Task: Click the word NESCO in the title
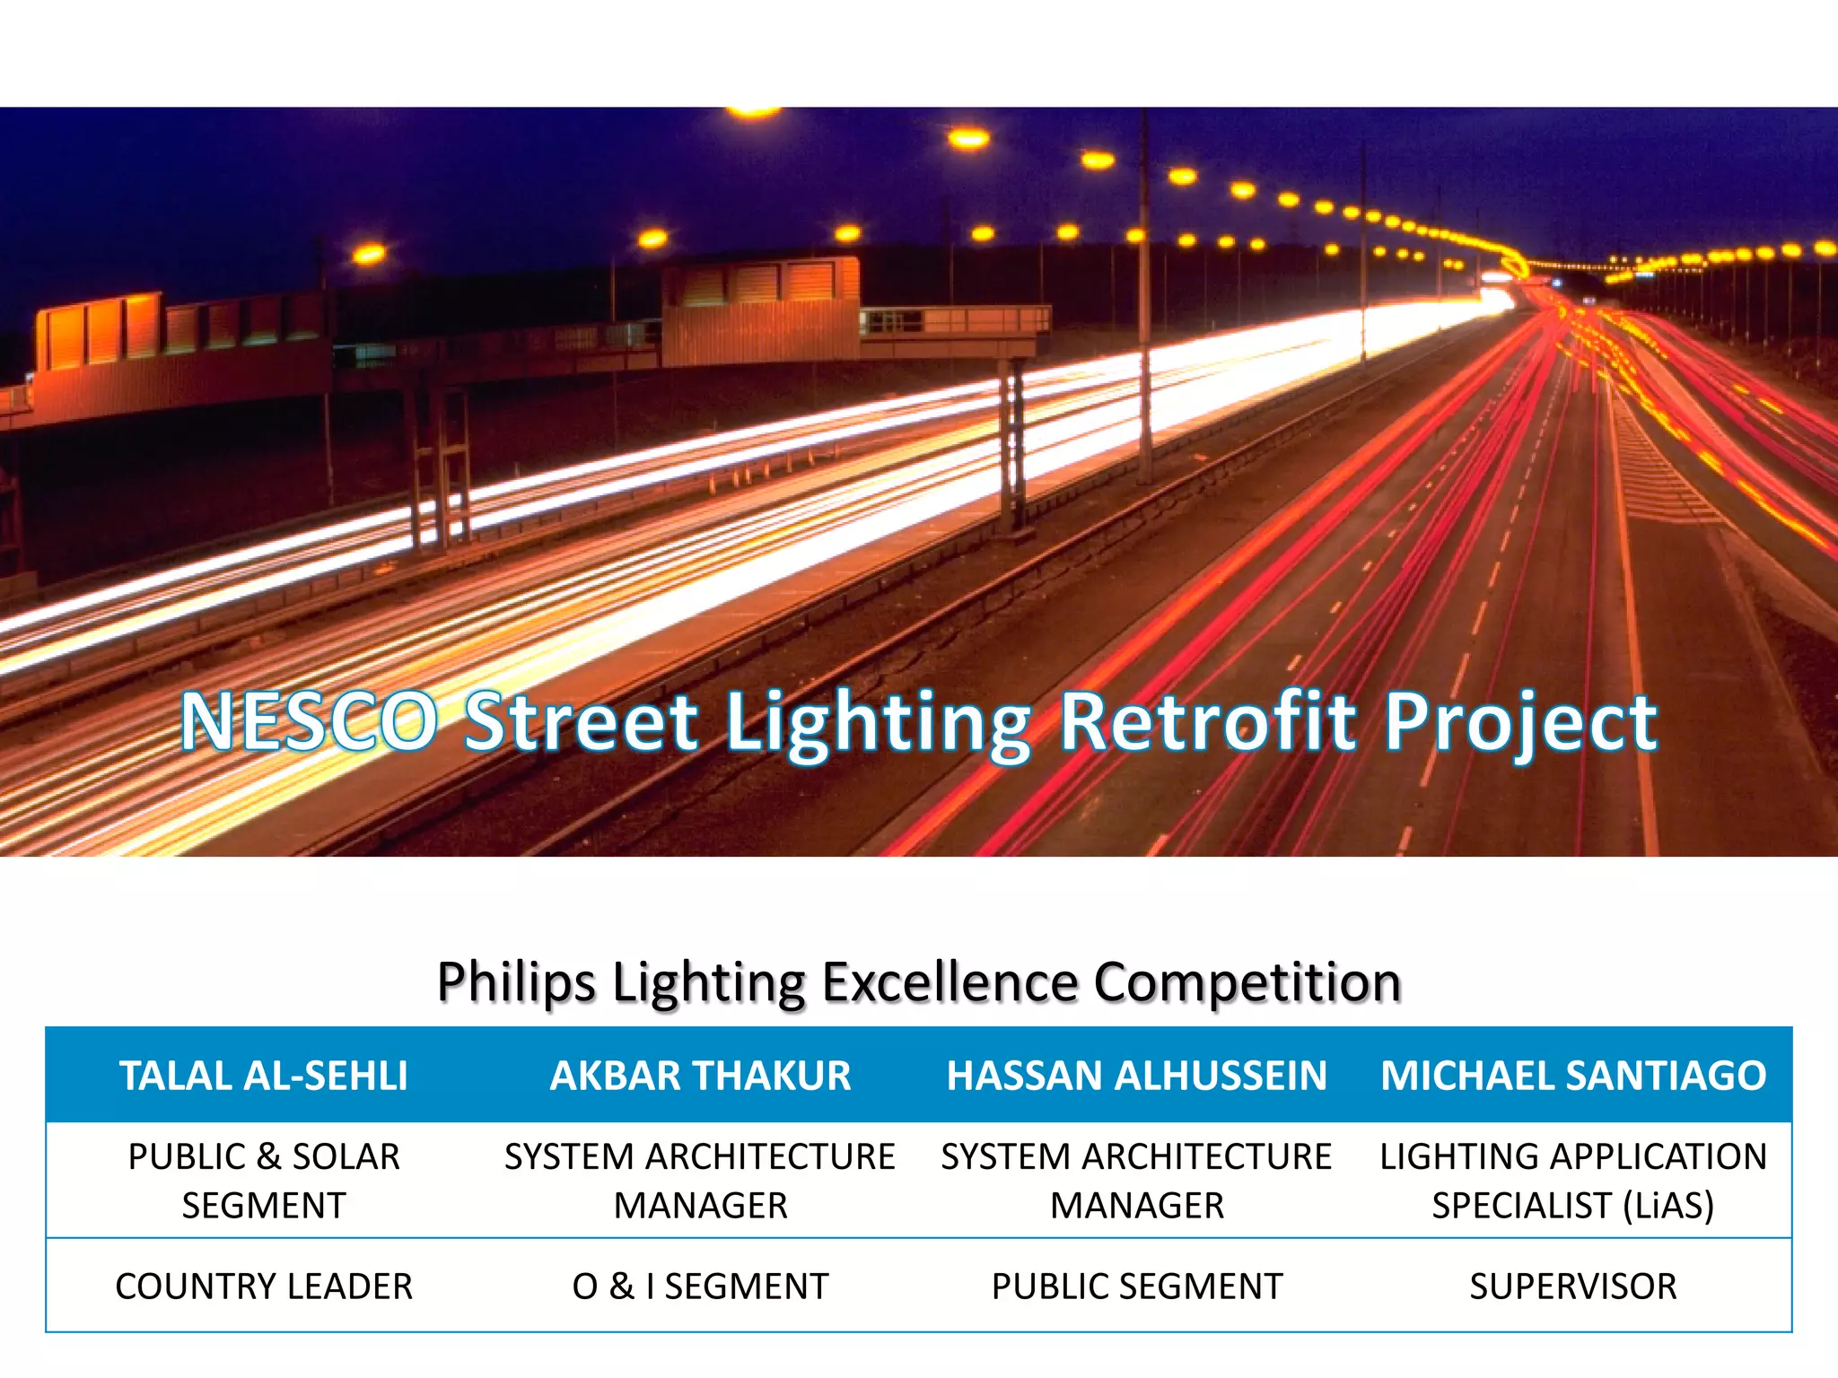pos(309,721)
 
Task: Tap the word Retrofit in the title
pos(1208,721)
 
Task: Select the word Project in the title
pos(1520,723)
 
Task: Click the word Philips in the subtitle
pos(516,982)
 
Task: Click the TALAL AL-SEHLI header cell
pos(264,1076)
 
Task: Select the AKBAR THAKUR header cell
pos(700,1076)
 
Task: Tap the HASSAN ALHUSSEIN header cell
pos(1136,1076)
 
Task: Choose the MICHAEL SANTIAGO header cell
pos(1572,1076)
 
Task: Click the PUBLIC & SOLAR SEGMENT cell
pos(264,1181)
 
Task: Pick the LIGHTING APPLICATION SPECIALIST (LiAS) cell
pos(1572,1181)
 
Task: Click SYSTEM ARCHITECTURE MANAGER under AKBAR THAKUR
pos(700,1181)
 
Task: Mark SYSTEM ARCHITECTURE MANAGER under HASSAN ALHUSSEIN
pos(1136,1181)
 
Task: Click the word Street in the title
pos(582,721)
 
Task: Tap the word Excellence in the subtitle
pos(950,982)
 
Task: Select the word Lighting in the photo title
pos(878,723)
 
